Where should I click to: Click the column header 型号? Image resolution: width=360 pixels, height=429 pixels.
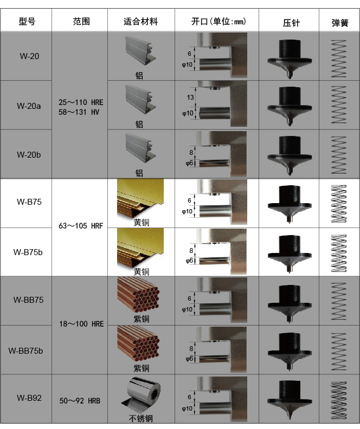tap(27, 22)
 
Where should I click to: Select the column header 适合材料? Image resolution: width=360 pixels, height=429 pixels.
tap(140, 22)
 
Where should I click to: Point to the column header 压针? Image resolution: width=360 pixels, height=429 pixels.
tap(291, 23)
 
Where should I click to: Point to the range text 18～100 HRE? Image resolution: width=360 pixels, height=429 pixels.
tap(81, 324)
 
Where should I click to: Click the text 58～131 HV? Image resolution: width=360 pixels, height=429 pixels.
tap(81, 112)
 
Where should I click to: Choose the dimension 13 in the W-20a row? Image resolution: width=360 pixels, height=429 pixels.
tap(190, 97)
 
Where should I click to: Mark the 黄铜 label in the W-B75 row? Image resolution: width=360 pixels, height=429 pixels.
tap(142, 222)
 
